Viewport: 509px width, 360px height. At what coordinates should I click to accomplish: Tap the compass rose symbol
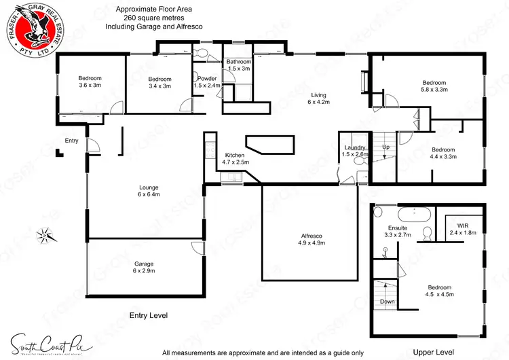45,236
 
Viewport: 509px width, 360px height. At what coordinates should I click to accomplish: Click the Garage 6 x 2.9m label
145,267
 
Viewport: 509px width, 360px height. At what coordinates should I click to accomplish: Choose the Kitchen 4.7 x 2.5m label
235,159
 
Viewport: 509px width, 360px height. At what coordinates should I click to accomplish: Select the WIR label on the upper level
464,228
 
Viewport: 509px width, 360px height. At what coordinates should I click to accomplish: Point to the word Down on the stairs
387,302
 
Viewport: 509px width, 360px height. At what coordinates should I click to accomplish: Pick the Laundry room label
355,151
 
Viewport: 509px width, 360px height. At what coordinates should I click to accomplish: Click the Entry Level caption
148,316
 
